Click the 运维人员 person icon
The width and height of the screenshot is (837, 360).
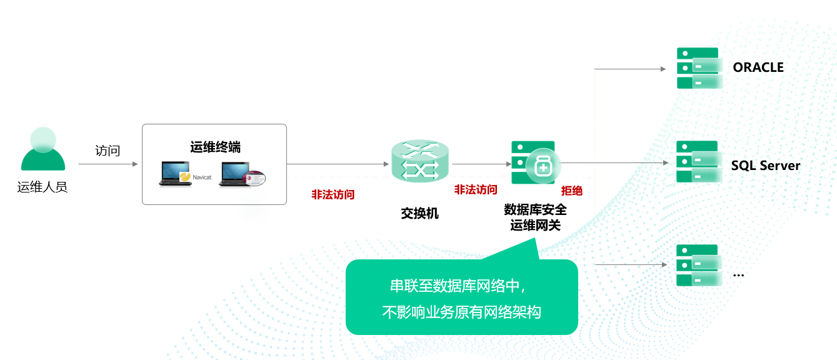point(43,149)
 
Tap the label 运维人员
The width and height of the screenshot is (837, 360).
point(43,187)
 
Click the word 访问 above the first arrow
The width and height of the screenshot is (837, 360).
point(108,151)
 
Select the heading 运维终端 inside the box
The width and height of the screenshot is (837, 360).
point(215,147)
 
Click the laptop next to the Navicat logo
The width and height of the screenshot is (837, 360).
point(175,173)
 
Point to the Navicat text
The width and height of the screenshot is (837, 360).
point(202,177)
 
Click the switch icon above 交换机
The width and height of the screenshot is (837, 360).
point(420,161)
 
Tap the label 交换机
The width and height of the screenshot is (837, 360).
point(419,213)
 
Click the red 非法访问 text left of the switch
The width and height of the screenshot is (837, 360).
point(333,194)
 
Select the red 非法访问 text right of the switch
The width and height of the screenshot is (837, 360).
point(476,189)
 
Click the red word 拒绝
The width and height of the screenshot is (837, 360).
point(572,191)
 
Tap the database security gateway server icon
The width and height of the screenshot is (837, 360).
point(536,162)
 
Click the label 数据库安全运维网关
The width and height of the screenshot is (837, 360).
point(536,217)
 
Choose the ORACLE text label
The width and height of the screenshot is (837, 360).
point(758,67)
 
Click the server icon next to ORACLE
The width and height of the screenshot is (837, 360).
point(699,68)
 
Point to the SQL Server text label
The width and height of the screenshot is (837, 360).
point(766,166)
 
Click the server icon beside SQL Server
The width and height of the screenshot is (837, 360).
point(699,162)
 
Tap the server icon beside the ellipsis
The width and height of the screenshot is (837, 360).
point(699,265)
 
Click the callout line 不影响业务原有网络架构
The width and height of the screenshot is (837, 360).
point(461,312)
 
